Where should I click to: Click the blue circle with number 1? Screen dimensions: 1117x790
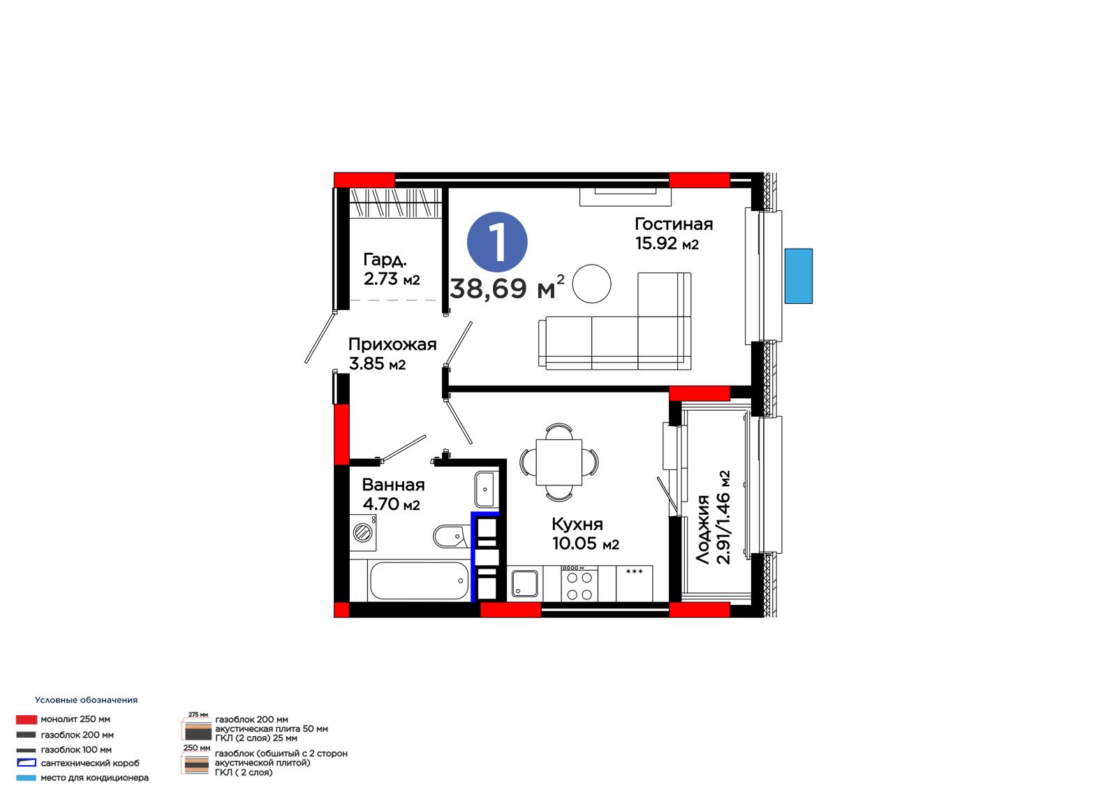(x=496, y=242)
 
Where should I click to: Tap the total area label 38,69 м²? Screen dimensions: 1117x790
(x=507, y=287)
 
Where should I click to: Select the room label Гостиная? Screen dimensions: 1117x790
(x=673, y=224)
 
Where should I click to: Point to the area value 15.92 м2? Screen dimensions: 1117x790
(x=667, y=244)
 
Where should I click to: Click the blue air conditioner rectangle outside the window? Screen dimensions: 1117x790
(x=799, y=276)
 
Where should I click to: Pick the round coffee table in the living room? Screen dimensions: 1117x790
(x=591, y=284)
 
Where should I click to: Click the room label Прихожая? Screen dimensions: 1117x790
(x=392, y=344)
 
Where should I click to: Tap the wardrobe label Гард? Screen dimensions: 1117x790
(x=385, y=260)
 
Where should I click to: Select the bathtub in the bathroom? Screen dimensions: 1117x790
(x=418, y=580)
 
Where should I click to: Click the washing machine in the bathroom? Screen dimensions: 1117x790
(x=362, y=532)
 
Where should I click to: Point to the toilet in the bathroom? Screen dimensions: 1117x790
(x=451, y=536)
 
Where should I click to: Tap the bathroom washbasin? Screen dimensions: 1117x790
(x=484, y=489)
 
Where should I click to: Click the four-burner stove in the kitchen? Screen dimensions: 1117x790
(x=579, y=583)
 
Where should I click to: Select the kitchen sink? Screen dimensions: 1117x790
(x=524, y=584)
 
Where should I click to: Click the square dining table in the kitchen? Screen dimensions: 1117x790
(x=559, y=462)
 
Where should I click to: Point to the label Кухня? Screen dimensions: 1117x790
(x=577, y=524)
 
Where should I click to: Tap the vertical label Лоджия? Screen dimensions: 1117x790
(x=702, y=530)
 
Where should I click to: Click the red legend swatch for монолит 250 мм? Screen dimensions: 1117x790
(x=27, y=719)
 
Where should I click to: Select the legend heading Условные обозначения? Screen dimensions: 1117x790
(x=87, y=700)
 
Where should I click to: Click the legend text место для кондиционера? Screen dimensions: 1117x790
(x=95, y=777)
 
